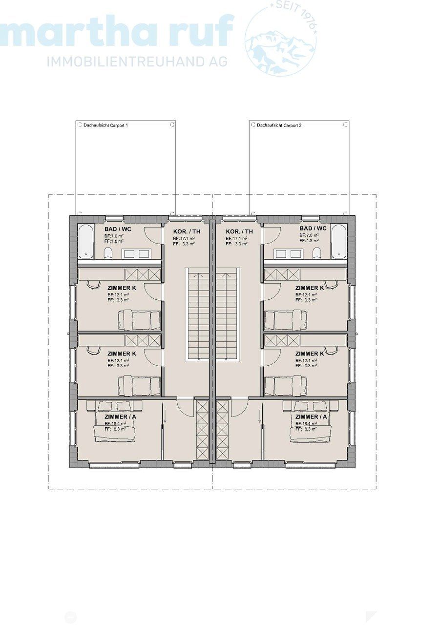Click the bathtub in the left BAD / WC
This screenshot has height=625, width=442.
pos(86,242)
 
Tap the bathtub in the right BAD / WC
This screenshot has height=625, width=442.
pos(338,242)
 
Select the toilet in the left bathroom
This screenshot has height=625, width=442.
pos(108,252)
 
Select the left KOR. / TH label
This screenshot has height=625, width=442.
pos(186,231)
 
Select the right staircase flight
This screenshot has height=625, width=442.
pos(227,315)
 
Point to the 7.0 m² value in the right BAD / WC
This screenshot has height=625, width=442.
pos(311,235)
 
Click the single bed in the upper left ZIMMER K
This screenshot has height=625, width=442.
pos(139,320)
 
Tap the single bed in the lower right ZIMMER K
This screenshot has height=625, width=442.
pos(286,385)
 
